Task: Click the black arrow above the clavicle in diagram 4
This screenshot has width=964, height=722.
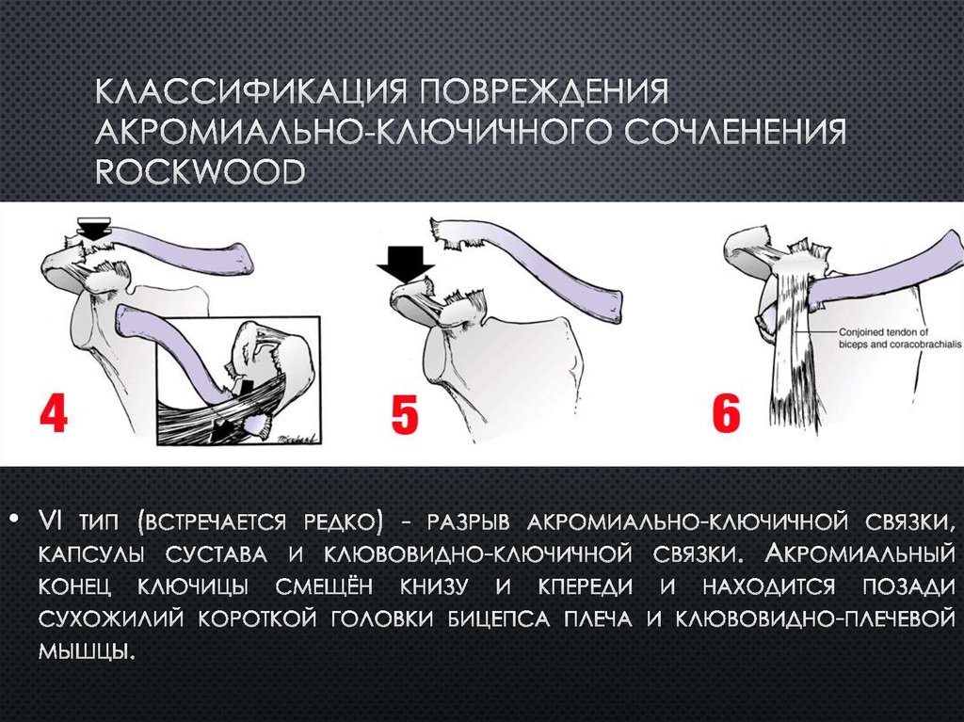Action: (x=93, y=227)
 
